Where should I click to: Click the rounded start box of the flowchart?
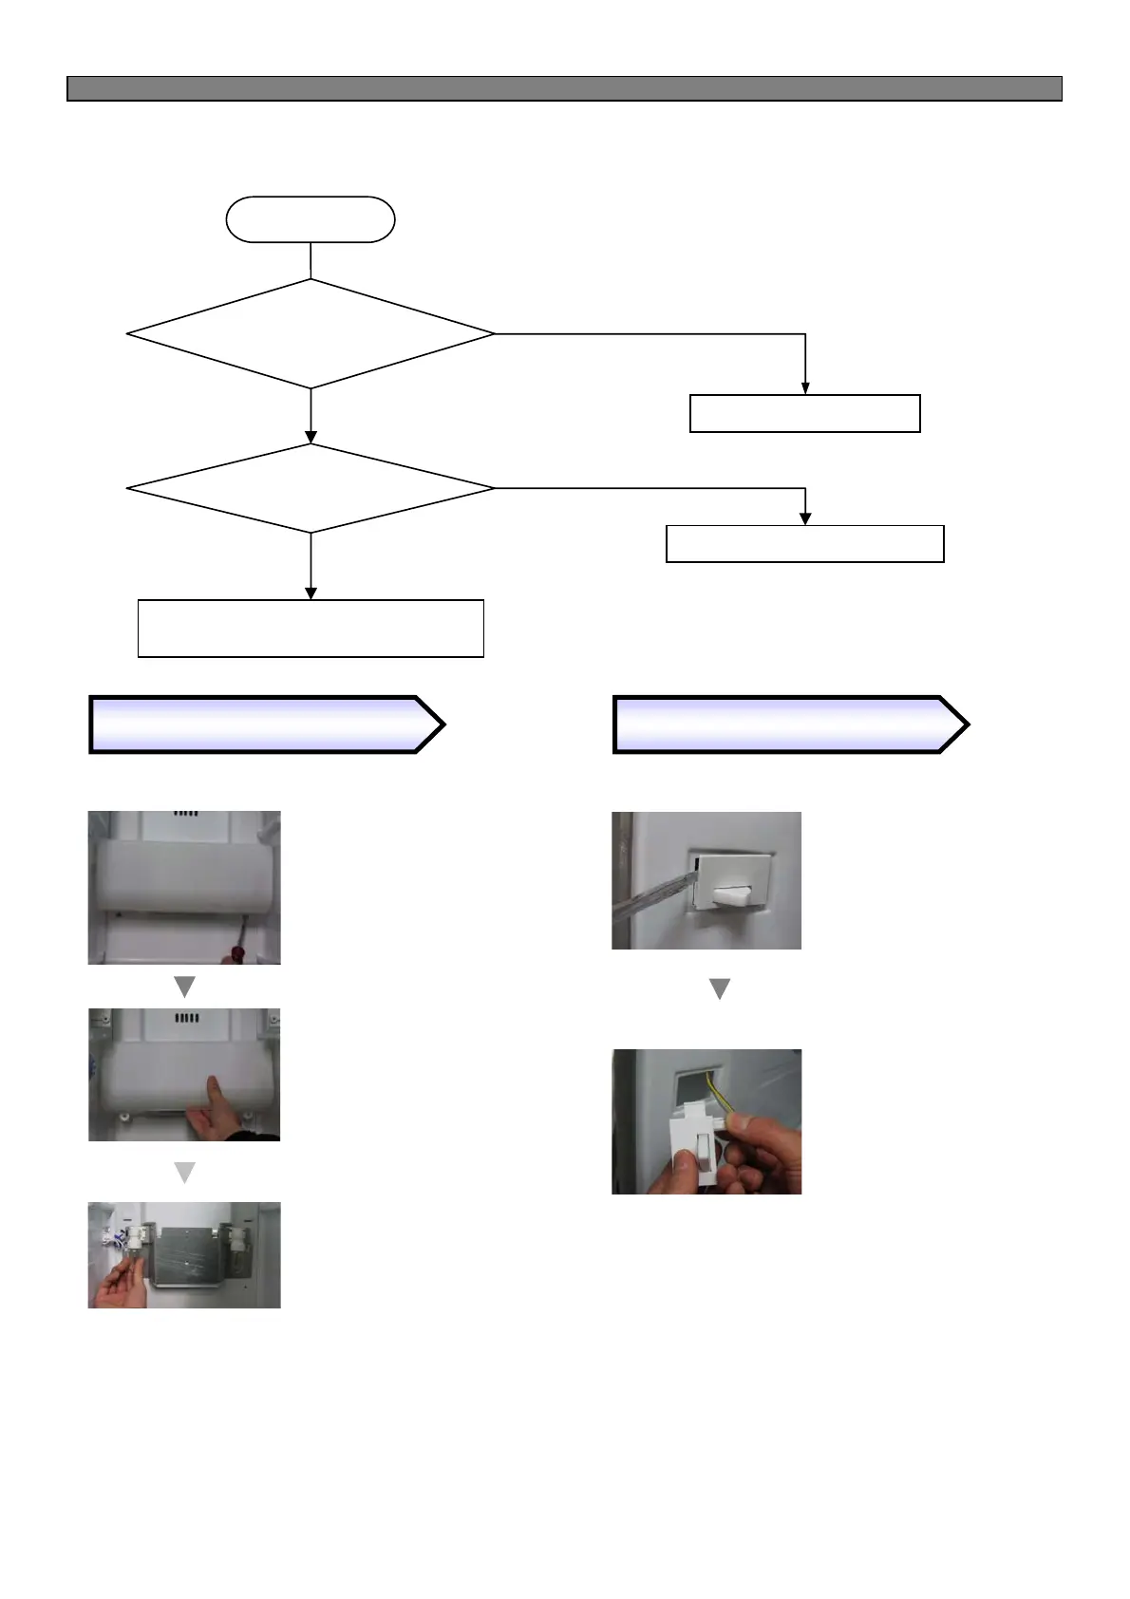click(310, 219)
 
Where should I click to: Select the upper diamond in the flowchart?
click(310, 333)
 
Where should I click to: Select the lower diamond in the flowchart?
click(310, 488)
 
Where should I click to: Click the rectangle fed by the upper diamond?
click(804, 413)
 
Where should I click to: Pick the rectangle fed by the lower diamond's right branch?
click(804, 543)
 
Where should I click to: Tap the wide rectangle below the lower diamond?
click(311, 628)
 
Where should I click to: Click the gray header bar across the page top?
click(564, 88)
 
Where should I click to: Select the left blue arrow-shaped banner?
click(266, 724)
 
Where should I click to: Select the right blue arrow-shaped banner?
click(790, 724)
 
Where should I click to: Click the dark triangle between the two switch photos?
click(720, 989)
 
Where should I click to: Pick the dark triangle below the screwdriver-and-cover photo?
click(184, 987)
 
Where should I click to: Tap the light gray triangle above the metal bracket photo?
click(184, 1172)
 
